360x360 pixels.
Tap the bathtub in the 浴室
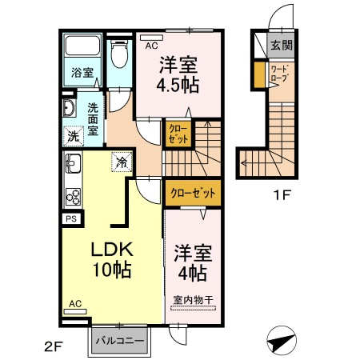click(x=82, y=46)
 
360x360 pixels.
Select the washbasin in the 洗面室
click(x=69, y=108)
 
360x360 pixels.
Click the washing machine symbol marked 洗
click(x=74, y=136)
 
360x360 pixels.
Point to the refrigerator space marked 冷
click(x=122, y=162)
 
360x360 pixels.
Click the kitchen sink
click(x=73, y=163)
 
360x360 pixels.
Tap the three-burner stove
click(x=73, y=197)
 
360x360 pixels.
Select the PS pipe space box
click(x=71, y=219)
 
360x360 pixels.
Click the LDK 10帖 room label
click(x=112, y=259)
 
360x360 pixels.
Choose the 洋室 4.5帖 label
click(x=178, y=74)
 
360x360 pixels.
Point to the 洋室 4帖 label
click(x=193, y=263)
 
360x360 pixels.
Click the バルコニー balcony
click(x=120, y=341)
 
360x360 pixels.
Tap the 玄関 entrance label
click(x=282, y=46)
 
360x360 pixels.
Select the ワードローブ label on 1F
click(x=280, y=74)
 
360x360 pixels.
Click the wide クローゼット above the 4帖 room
click(x=193, y=193)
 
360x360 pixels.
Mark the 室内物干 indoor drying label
click(x=194, y=300)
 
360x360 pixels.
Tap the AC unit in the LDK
click(x=75, y=311)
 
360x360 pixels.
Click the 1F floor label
click(x=282, y=195)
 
